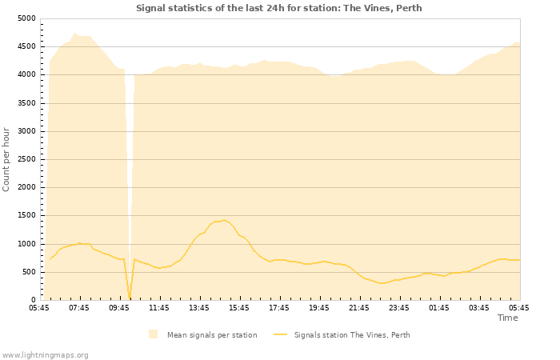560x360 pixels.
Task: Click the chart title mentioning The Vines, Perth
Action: [278, 8]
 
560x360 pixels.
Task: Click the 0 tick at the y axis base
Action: [32, 300]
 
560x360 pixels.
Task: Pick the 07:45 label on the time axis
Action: [79, 307]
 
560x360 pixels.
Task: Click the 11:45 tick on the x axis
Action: [159, 307]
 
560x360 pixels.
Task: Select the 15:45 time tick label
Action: [239, 307]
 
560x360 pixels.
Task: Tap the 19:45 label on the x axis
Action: [319, 307]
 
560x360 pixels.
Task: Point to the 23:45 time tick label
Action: [399, 307]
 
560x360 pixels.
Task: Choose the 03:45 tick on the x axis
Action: [479, 307]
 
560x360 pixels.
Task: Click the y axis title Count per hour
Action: [7, 159]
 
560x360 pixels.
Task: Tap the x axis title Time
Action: [507, 318]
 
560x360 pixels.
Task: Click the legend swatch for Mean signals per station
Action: [153, 334]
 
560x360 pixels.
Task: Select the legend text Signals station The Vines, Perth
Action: [352, 335]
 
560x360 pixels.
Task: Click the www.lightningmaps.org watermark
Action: [45, 354]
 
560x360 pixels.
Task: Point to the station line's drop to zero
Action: [130, 299]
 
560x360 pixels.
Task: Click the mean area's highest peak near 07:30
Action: [74, 34]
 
